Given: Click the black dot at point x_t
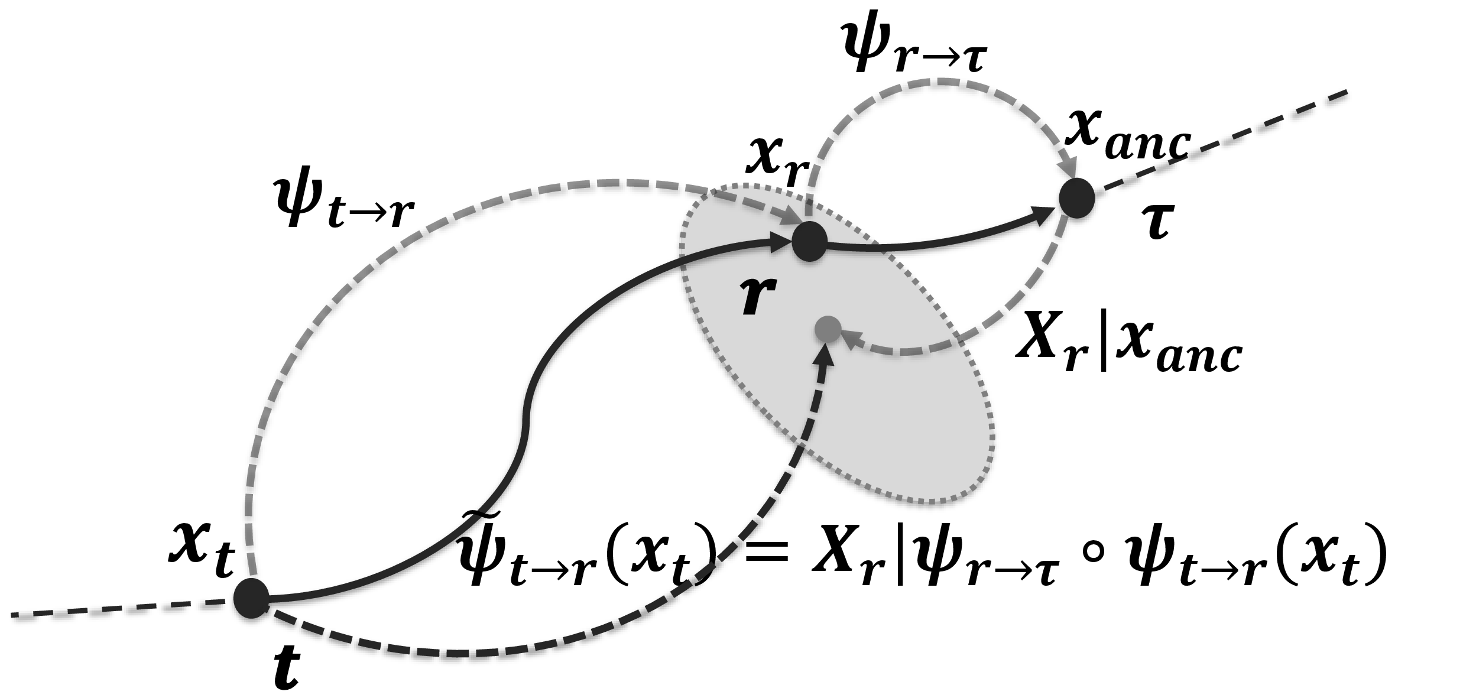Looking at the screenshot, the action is [251, 599].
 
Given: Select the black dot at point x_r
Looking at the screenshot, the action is [809, 241].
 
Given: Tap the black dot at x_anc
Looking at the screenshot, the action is [1076, 197].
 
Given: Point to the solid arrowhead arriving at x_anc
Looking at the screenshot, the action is [1043, 215].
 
